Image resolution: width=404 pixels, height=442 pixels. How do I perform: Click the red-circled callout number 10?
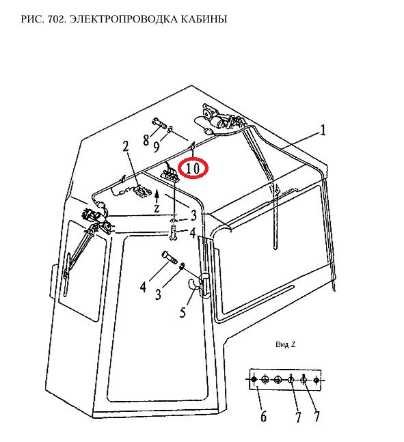193,168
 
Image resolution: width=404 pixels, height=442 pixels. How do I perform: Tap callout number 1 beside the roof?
323,130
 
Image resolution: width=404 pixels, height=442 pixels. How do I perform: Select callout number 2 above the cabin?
126,146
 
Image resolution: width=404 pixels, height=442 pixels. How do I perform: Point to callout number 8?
146,140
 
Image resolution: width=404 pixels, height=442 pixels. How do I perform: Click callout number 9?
157,146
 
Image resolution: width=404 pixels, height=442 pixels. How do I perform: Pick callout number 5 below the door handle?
183,312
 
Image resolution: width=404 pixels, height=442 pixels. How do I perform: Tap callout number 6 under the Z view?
263,416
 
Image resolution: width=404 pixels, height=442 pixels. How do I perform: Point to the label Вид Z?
286,344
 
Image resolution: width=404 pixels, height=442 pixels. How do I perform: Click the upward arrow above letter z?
157,195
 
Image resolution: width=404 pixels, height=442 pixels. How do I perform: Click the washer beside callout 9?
170,130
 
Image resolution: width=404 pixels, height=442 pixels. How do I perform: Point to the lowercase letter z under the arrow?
157,208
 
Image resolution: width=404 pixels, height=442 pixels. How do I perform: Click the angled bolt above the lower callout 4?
170,257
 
